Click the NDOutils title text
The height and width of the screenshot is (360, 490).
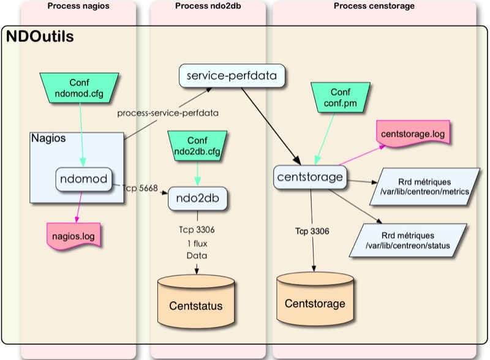(x=40, y=37)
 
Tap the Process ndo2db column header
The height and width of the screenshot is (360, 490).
(x=208, y=6)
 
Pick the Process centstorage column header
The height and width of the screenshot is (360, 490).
(x=374, y=6)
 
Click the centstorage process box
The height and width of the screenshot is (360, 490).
(x=310, y=178)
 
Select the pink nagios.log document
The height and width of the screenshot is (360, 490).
(x=75, y=233)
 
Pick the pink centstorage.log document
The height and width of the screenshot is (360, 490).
(x=413, y=133)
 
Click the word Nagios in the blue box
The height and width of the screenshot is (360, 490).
(x=48, y=138)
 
